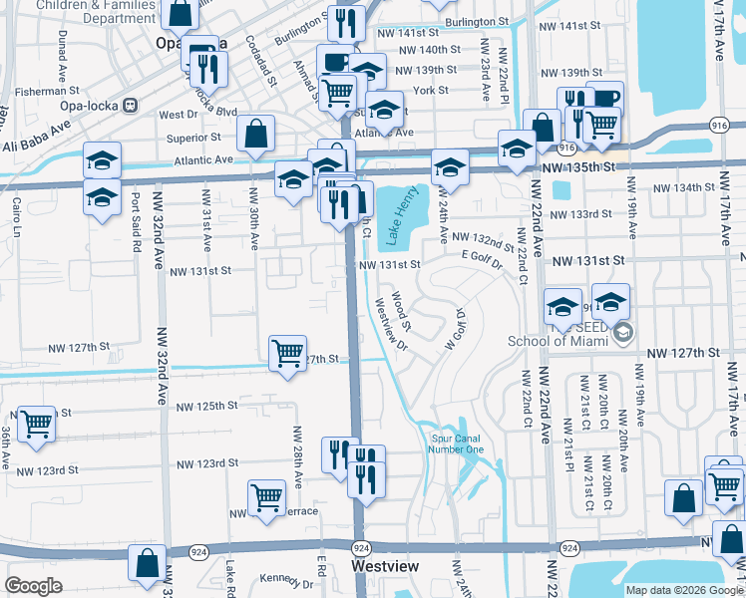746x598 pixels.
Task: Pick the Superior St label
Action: click(193, 137)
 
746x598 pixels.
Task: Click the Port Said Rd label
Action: click(135, 212)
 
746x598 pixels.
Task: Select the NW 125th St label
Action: click(207, 407)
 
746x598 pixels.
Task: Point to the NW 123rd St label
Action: click(207, 463)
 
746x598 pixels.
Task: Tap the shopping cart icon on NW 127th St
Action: click(287, 352)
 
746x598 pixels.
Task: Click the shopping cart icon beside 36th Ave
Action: click(37, 423)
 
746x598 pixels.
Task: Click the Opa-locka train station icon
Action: click(130, 105)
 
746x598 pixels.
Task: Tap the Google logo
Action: click(33, 586)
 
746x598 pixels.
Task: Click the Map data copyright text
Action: click(683, 590)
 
